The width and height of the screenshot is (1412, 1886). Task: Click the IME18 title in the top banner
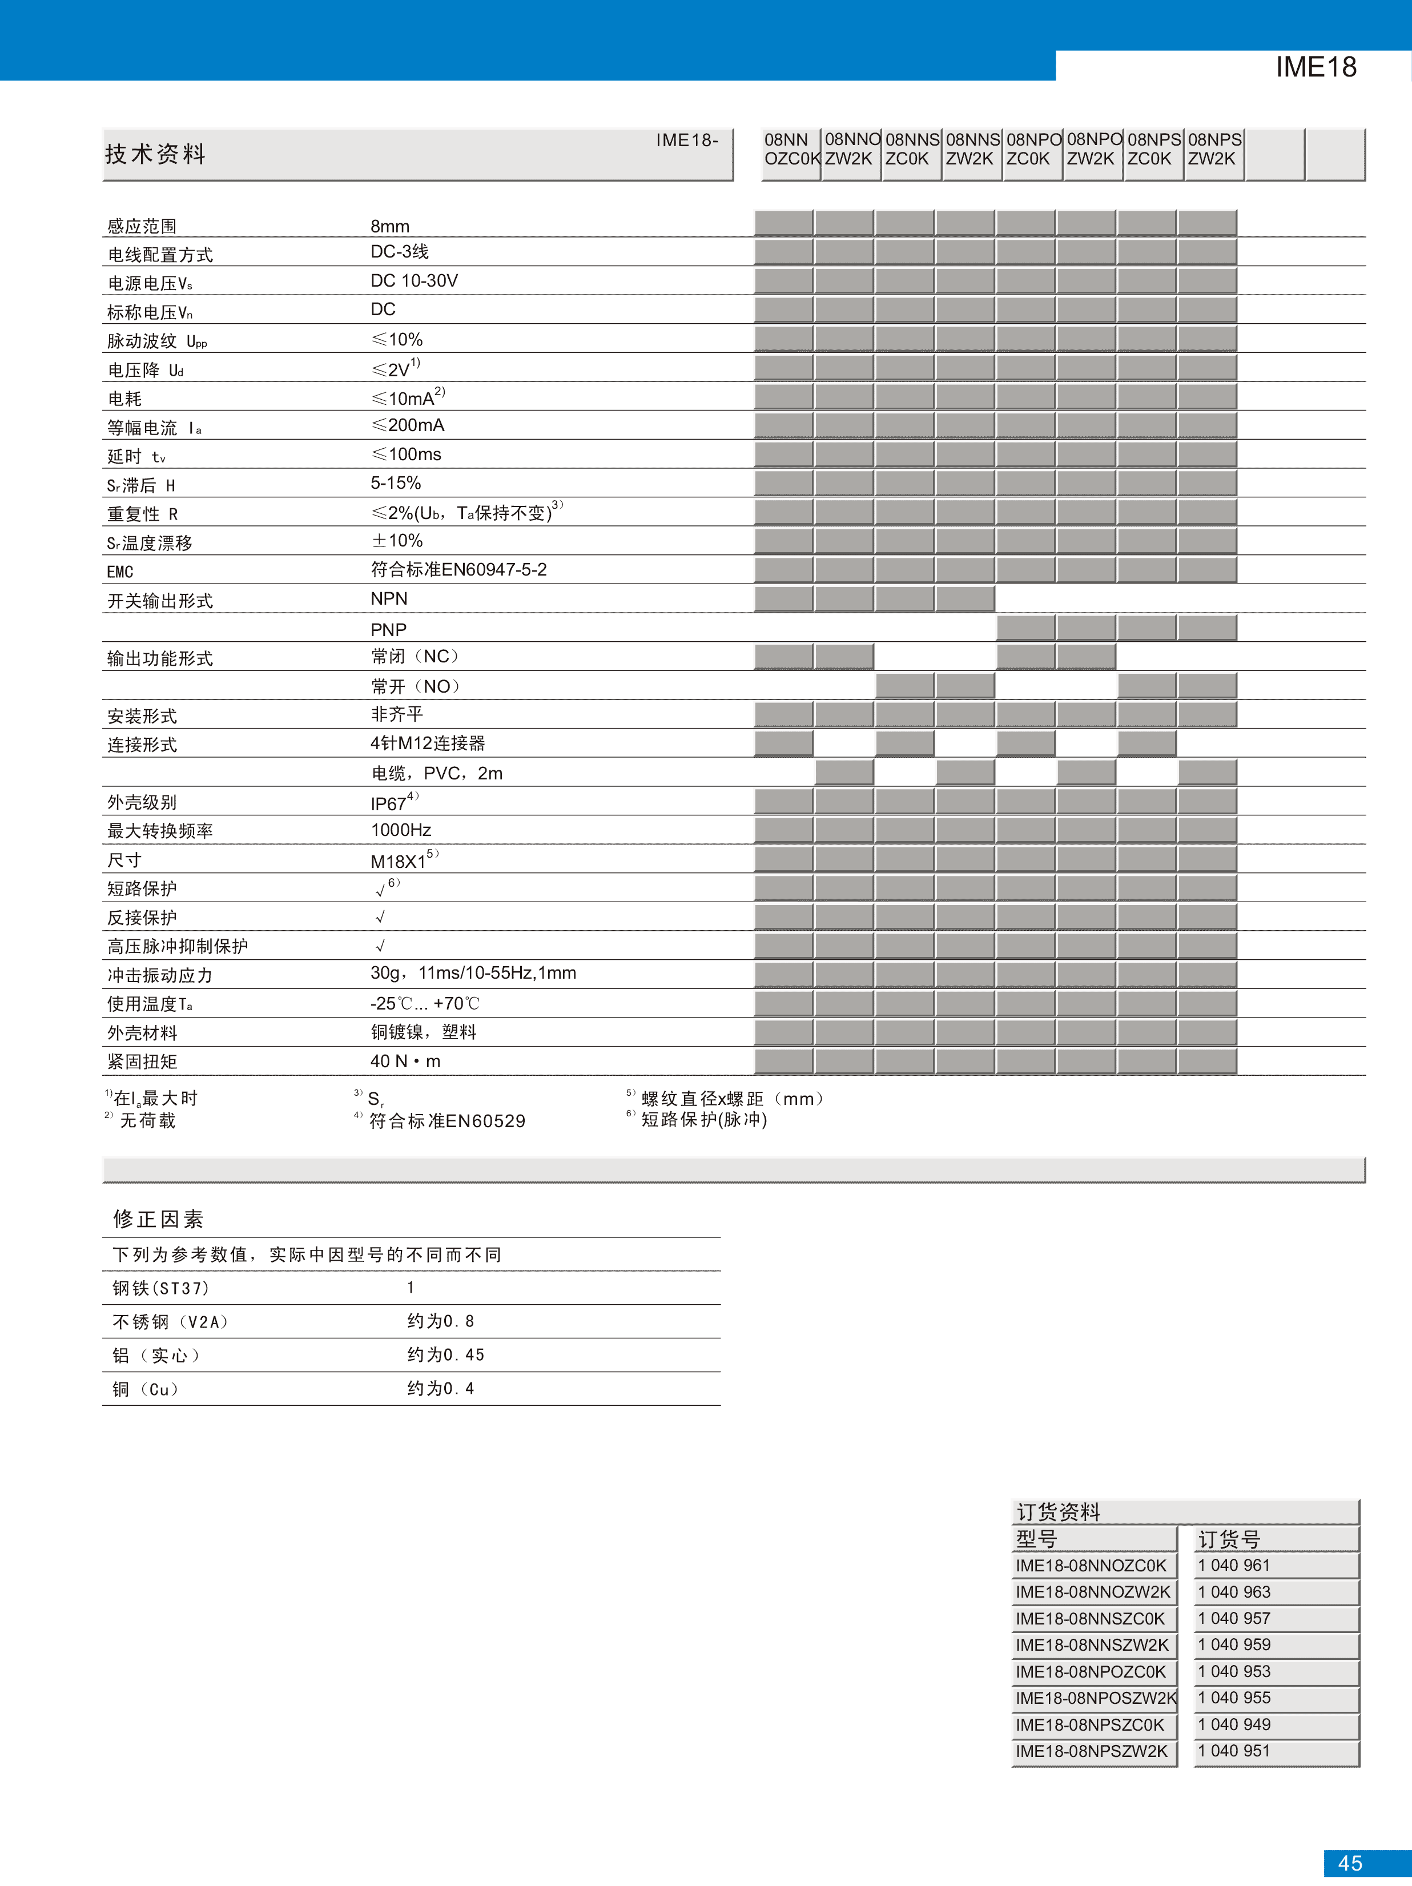(1316, 66)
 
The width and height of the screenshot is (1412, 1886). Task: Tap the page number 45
(1350, 1863)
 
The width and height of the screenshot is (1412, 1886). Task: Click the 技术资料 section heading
(155, 154)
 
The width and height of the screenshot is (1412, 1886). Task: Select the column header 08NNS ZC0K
(911, 149)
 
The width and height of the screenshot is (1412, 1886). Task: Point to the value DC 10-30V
(415, 280)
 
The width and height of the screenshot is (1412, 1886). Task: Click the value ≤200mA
(408, 425)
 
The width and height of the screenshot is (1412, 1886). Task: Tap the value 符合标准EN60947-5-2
(458, 569)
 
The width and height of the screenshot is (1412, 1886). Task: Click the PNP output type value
(389, 629)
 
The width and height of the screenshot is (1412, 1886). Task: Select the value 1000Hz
(401, 830)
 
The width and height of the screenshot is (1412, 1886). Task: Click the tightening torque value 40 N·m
(406, 1061)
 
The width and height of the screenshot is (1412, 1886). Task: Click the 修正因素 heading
(159, 1219)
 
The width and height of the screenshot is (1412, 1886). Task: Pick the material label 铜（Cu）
(146, 1389)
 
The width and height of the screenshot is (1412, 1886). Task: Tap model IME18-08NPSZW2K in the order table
(1091, 1751)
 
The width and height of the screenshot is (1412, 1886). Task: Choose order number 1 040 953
(1234, 1671)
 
